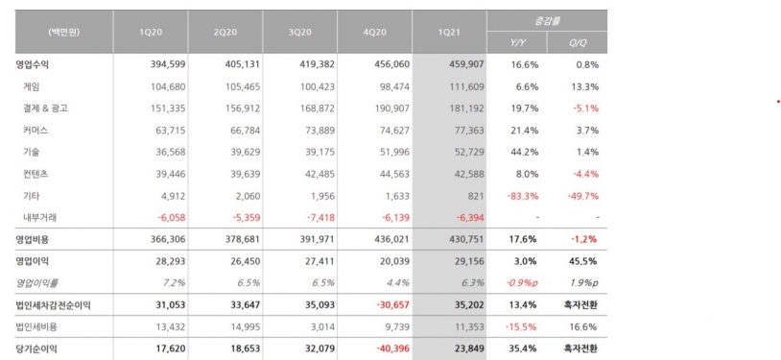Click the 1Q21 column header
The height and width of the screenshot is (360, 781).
(449, 33)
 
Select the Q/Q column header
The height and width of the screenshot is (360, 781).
(578, 43)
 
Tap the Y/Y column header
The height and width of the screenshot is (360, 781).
(517, 43)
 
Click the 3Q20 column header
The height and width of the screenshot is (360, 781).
(300, 33)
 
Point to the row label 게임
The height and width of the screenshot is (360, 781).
(32, 86)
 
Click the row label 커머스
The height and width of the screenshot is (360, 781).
(35, 131)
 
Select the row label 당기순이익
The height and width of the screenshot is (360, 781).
(36, 349)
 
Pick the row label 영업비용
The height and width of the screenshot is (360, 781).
(33, 239)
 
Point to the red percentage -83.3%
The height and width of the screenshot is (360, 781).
(523, 196)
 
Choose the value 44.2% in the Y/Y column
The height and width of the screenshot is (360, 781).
(525, 152)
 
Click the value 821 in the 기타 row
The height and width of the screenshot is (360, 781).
(476, 196)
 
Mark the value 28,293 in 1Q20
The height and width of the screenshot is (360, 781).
(168, 261)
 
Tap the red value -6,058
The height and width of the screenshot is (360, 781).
(172, 217)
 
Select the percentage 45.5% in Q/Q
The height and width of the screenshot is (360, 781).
(582, 261)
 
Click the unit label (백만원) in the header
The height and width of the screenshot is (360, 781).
(64, 33)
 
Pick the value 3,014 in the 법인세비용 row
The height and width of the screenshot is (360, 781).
(323, 327)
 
